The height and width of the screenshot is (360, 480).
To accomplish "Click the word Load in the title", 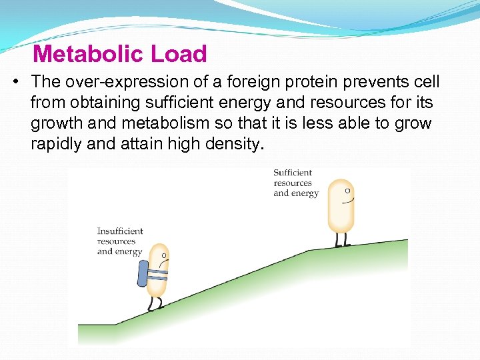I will [x=179, y=53].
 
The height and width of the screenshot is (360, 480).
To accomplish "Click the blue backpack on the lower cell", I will [x=143, y=273].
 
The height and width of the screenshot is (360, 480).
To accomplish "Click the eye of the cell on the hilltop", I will [x=347, y=191].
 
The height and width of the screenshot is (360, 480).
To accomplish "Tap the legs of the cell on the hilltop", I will [x=341, y=239].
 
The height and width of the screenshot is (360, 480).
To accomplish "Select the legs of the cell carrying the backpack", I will [x=155, y=304].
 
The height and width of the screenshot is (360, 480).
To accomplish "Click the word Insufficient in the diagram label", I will [x=120, y=231].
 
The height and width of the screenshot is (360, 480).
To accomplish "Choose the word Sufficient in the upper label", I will [x=292, y=173].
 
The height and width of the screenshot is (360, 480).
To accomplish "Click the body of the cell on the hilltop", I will [x=340, y=207].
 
